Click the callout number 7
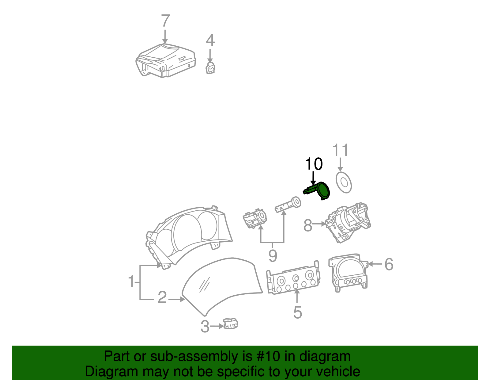point(165,21)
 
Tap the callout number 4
point(210,40)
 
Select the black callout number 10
point(314,164)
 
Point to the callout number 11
point(340,150)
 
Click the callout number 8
point(308,226)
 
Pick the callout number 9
point(273,255)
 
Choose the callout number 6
point(389,264)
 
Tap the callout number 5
point(297,312)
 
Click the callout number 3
point(205,327)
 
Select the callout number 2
point(162,297)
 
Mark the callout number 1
point(131,282)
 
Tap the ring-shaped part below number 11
point(344,183)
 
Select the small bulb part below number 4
point(210,68)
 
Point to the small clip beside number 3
point(231,324)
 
